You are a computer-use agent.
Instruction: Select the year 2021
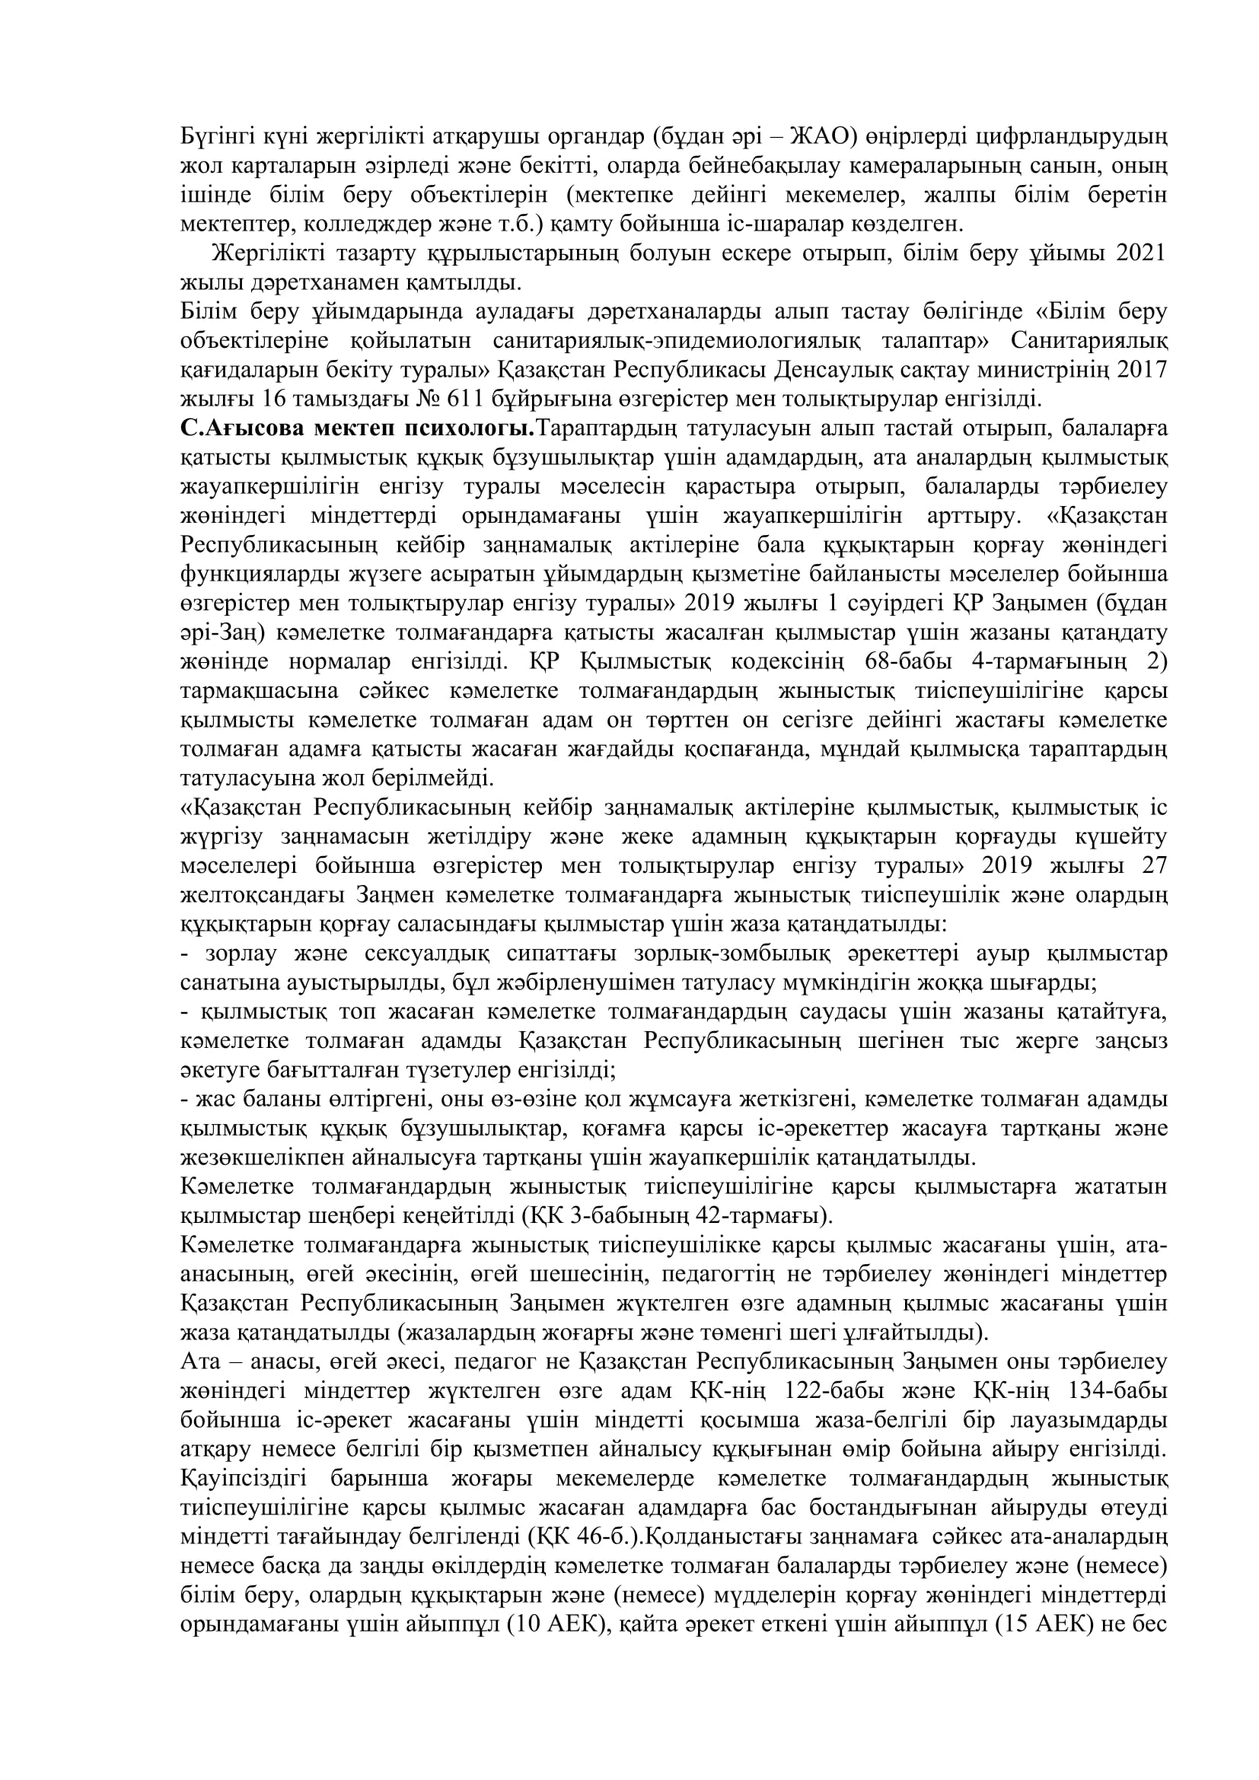(1139, 253)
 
